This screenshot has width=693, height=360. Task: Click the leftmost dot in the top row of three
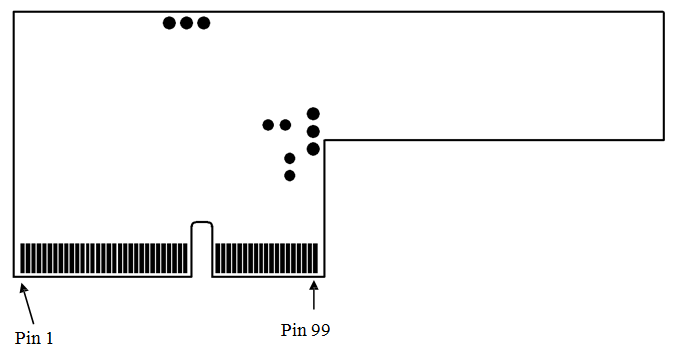coord(169,22)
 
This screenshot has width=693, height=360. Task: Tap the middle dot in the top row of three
coord(186,22)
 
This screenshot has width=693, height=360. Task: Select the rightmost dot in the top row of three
coord(203,22)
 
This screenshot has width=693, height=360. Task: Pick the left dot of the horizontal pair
coord(268,125)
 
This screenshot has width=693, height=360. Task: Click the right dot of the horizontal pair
coord(285,125)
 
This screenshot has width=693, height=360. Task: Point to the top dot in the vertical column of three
coord(313,114)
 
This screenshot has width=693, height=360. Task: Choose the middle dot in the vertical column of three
coord(313,131)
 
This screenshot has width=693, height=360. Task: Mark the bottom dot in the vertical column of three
coord(313,149)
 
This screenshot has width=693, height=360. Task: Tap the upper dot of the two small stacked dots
coord(290,158)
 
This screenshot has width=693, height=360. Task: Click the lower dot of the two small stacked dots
coord(290,175)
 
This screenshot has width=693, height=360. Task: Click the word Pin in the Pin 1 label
coord(27,339)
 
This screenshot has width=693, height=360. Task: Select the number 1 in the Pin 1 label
coord(49,339)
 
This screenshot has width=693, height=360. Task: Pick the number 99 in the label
coord(320,329)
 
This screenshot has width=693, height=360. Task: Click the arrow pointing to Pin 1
coord(28,299)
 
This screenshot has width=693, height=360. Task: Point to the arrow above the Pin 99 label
coord(315,297)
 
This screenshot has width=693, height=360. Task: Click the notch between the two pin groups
coord(202,249)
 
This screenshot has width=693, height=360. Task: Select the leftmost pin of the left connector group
coord(23,259)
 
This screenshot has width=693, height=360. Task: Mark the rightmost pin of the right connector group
coord(316,259)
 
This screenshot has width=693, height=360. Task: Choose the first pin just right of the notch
coord(217,259)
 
